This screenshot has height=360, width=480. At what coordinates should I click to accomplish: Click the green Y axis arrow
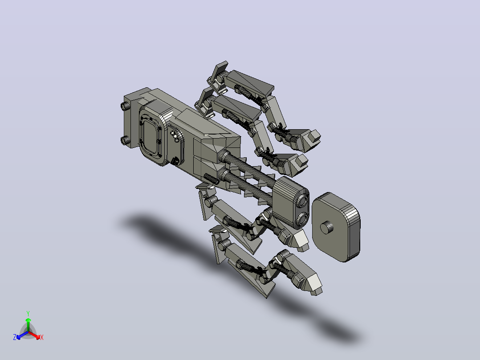click(x=28, y=325)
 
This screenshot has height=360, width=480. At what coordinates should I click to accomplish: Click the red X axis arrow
click(x=34, y=335)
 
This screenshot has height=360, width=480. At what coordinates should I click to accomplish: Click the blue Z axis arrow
click(x=22, y=335)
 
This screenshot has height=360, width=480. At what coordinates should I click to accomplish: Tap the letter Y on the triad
click(x=28, y=314)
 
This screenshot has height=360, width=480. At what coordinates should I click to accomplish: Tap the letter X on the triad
click(x=42, y=337)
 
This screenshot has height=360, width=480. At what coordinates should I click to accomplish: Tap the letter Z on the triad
click(x=15, y=337)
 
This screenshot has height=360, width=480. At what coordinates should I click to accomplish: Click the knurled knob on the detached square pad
click(x=326, y=228)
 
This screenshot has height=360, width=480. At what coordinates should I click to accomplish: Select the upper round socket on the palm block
click(x=304, y=200)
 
